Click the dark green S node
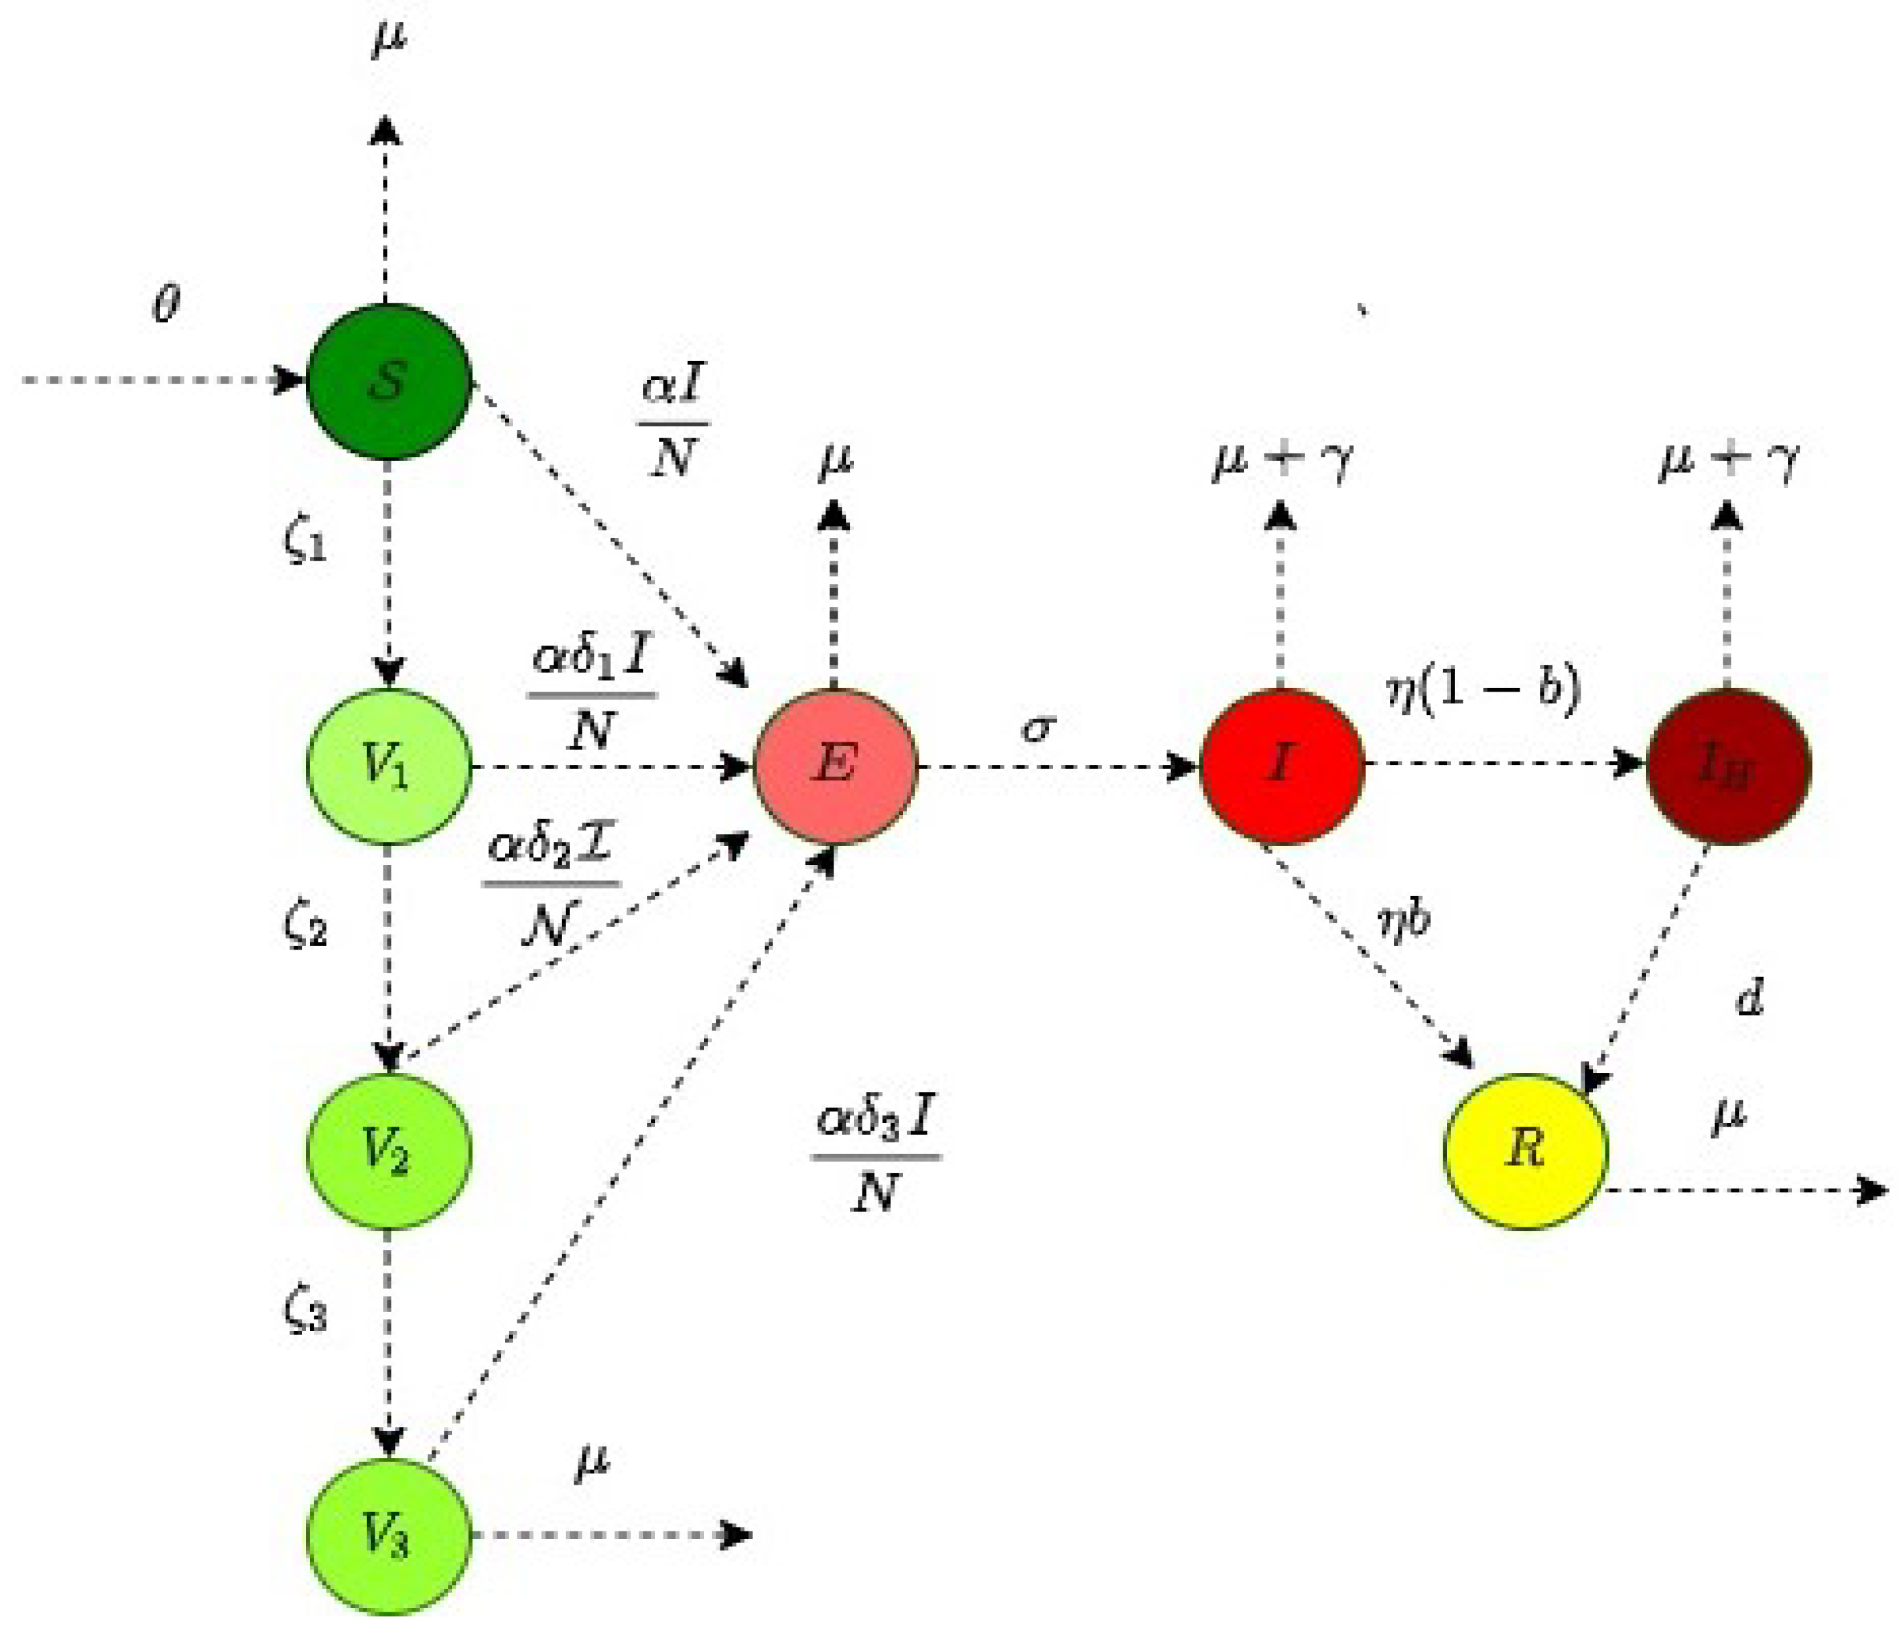click(388, 379)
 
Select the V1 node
click(388, 766)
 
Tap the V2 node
click(388, 1151)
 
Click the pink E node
click(835, 766)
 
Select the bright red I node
click(1282, 766)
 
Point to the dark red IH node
click(1727, 766)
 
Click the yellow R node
click(1525, 1151)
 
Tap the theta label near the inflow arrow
click(166, 305)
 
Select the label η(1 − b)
click(1483, 690)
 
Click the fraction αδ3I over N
click(876, 1156)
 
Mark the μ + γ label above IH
click(1727, 460)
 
